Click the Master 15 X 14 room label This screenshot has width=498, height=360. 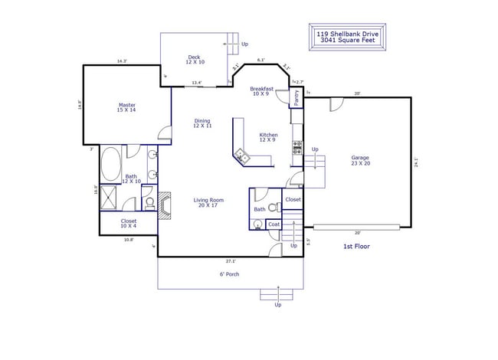[126, 107]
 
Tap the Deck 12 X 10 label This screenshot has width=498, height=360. [194, 60]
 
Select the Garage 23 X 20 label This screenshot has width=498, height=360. [360, 160]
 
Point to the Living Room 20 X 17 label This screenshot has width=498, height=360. [207, 202]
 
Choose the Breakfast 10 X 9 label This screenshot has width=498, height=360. [262, 91]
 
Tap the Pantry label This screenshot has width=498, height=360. [297, 97]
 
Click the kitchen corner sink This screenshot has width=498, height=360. [242, 156]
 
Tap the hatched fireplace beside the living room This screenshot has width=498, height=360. [164, 205]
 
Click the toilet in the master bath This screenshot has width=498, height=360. [149, 203]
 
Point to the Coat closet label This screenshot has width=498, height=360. [274, 224]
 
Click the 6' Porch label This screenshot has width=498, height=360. [230, 273]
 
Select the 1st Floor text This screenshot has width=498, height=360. [357, 247]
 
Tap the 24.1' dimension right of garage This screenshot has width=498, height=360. [416, 162]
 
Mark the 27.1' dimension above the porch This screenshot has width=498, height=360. [231, 260]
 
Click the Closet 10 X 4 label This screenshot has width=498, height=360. [128, 223]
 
